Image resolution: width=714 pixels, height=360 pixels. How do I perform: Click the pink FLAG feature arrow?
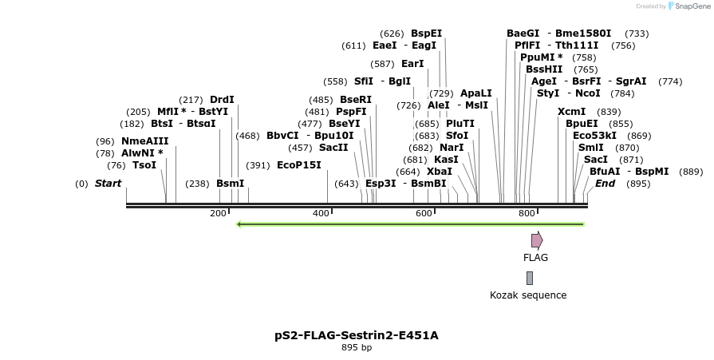coord(537,240)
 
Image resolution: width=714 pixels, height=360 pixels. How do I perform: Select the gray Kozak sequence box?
coord(529,278)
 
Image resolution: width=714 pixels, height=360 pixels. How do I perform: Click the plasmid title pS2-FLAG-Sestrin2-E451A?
coord(357,335)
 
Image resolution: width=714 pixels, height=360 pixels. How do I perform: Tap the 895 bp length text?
coord(357,348)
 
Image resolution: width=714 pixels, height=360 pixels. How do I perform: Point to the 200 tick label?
coord(218,213)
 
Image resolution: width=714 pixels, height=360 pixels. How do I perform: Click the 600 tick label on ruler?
coord(424,213)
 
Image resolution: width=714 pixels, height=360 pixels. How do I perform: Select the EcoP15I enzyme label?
coord(298,165)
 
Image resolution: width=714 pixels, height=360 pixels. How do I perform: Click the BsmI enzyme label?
coord(231,184)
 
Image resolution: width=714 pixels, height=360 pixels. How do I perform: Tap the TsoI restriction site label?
coord(144,165)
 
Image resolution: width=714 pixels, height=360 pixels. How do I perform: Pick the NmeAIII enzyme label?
coord(145,141)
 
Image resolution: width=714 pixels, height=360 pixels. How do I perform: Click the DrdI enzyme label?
coord(222,100)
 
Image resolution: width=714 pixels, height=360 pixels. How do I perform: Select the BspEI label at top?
coord(426,34)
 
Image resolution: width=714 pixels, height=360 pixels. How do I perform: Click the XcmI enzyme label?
coord(571,112)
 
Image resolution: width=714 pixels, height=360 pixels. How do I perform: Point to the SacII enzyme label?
coord(333,148)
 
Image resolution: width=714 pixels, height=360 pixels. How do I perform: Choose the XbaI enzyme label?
coord(439,172)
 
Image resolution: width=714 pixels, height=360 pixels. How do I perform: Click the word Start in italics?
coord(108,184)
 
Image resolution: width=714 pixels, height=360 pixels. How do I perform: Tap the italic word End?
coord(605,184)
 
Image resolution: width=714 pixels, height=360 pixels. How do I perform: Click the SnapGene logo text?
coord(692,6)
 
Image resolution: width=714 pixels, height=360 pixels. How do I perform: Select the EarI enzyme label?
coord(412,64)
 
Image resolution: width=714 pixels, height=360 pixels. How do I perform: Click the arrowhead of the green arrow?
coord(240,224)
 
